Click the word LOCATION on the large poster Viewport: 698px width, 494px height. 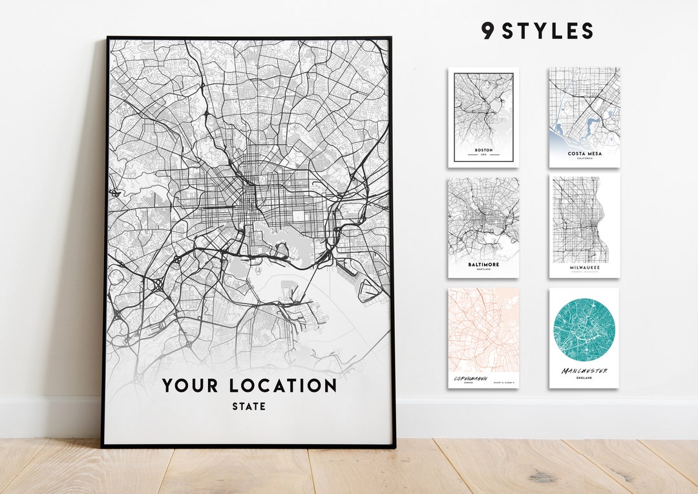283,386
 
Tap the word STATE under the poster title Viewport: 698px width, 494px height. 249,407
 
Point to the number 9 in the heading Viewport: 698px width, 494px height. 487,31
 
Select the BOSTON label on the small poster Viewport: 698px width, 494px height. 483,150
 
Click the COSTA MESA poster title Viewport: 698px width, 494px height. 584,154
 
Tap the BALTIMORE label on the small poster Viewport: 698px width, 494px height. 483,264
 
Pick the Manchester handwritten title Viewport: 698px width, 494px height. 584,371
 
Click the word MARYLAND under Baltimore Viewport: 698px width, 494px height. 483,270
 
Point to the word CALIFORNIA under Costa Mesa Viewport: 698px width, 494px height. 584,159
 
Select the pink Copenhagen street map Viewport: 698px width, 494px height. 483,330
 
